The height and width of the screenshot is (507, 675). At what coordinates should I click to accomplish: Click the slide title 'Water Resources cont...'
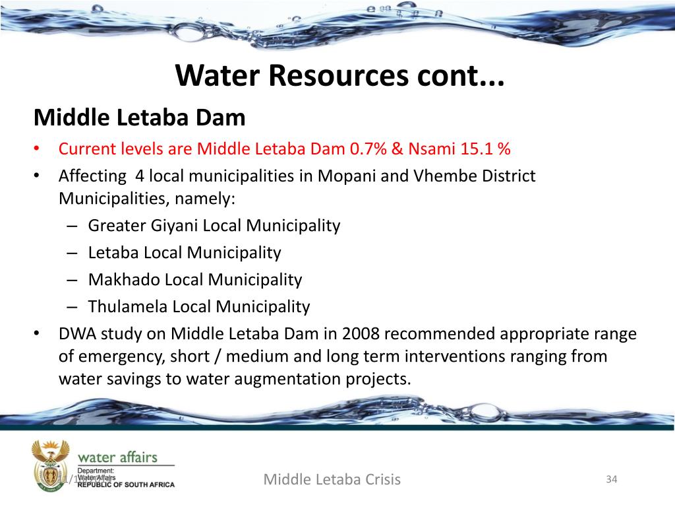(339, 76)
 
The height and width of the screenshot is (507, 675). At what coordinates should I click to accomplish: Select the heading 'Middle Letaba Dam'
(139, 118)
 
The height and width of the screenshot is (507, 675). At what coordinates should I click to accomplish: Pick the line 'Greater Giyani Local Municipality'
(214, 226)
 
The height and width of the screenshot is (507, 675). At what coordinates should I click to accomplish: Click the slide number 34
(611, 479)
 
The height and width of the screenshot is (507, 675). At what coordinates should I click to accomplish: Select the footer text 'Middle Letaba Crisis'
(332, 479)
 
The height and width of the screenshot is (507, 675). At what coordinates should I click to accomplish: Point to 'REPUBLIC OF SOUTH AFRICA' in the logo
(126, 485)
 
